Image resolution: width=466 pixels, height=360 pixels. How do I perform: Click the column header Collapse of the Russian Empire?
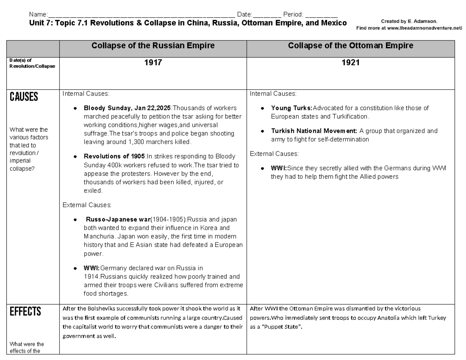tap(153, 46)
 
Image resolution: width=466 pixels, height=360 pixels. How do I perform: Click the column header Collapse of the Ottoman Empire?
tap(350, 46)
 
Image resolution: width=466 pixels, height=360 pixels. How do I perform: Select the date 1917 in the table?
tap(153, 63)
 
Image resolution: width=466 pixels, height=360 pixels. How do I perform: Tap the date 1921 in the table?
tap(350, 63)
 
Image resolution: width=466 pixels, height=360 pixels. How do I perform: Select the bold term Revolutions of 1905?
tap(114, 157)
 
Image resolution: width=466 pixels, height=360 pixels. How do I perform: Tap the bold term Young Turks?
tap(291, 108)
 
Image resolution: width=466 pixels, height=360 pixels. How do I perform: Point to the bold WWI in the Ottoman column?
tap(278, 169)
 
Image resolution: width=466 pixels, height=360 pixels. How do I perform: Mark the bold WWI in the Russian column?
tap(92, 268)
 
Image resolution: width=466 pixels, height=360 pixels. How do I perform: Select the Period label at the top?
tap(293, 14)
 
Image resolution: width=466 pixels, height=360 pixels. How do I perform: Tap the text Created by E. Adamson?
tap(409, 21)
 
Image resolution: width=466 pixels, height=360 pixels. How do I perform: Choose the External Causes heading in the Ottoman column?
tap(274, 154)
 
